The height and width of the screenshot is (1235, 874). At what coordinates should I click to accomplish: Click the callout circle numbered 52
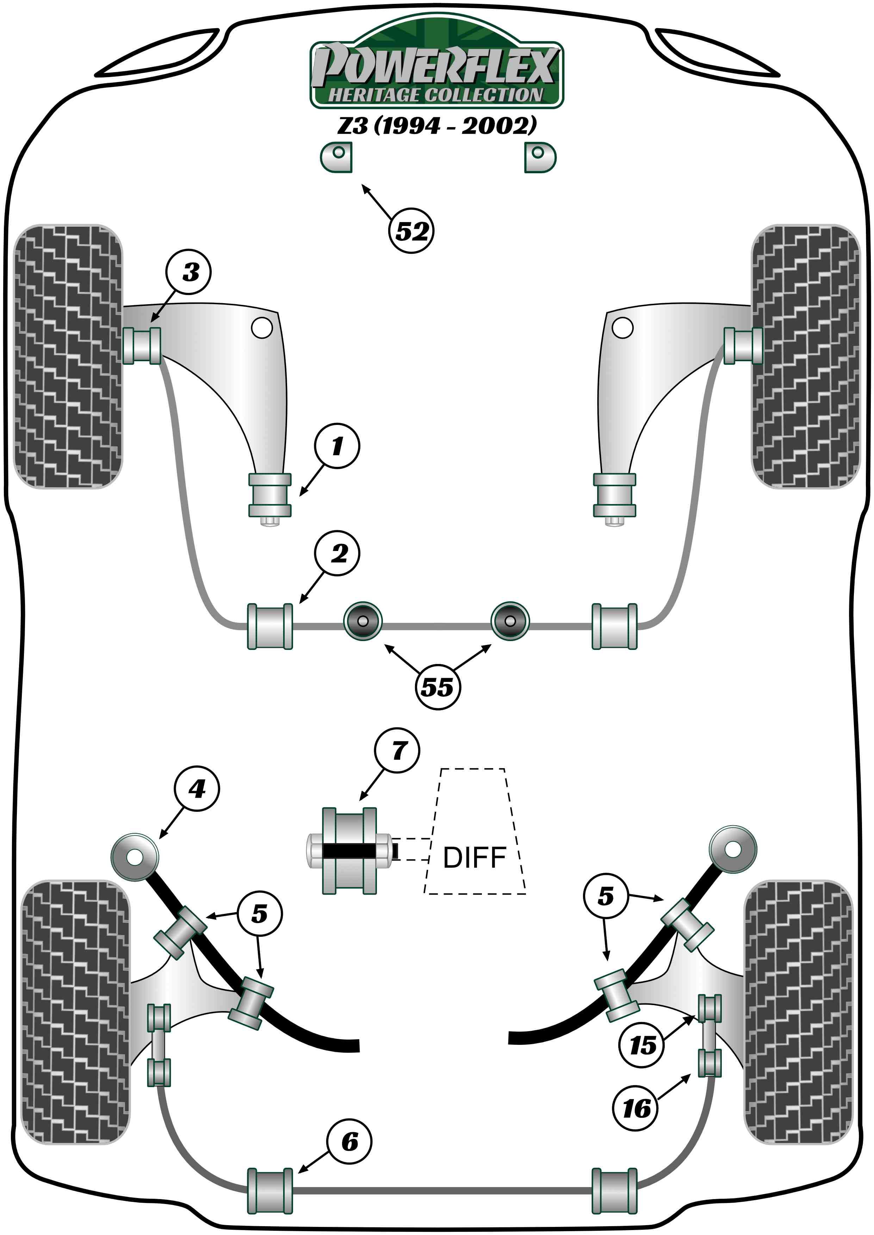411,231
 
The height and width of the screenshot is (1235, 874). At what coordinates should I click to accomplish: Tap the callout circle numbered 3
189,272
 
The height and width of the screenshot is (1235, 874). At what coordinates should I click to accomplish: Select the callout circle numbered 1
337,446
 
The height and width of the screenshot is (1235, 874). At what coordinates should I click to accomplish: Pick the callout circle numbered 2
337,553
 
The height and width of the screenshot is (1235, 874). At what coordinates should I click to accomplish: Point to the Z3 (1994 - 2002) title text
437,125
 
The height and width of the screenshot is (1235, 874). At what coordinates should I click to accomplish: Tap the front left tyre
68,356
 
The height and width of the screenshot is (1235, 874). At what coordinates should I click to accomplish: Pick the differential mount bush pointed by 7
349,851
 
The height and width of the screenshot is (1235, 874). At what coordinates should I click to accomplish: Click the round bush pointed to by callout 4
135,856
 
